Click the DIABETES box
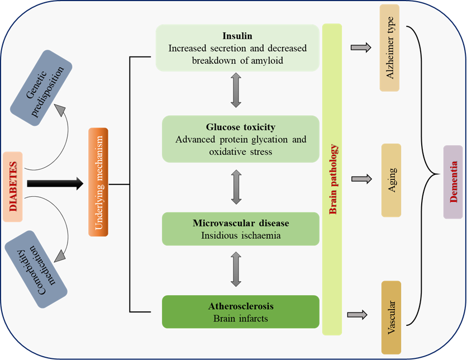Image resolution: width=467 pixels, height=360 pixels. point(15,184)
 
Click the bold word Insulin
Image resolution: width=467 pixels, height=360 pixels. point(237,36)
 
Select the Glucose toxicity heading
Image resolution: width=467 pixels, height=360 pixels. point(241,127)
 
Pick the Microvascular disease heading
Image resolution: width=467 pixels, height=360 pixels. point(241,223)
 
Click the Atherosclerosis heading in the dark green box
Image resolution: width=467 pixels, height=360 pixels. point(241,306)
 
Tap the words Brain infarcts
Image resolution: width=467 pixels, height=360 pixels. point(241,319)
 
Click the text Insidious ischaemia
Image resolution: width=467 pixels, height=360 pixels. point(241,235)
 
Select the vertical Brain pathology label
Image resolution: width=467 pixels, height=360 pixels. point(332,179)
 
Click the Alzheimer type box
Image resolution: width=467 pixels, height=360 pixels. point(390,48)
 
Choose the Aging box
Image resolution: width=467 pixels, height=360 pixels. point(392,180)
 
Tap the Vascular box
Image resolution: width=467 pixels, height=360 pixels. point(391,317)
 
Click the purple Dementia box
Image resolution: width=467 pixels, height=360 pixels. point(452,182)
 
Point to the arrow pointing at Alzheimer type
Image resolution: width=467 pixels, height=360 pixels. point(361,48)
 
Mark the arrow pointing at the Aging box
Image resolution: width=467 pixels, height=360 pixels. point(361,179)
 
